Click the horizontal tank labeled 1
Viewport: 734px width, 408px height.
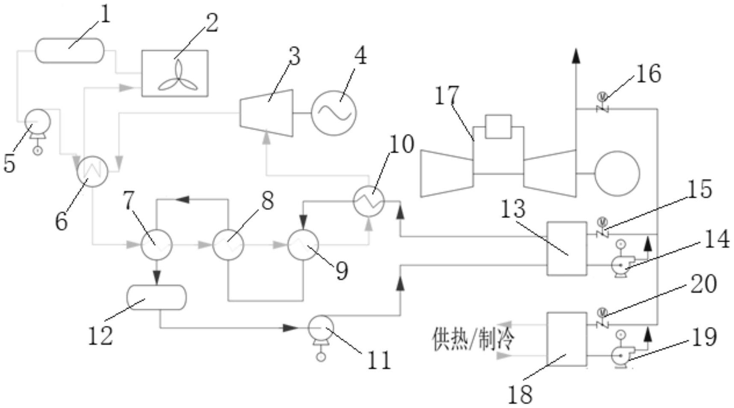(69, 51)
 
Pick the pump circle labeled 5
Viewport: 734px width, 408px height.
(38, 122)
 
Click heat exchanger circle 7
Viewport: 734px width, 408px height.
(157, 245)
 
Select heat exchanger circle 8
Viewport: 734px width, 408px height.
(228, 245)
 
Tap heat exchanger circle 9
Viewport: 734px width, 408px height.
(303, 245)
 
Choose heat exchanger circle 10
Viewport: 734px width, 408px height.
(369, 201)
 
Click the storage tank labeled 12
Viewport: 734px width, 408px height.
(157, 297)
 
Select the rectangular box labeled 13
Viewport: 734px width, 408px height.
(567, 249)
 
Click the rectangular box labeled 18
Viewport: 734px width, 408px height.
(567, 340)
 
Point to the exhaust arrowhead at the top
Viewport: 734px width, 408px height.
(576, 56)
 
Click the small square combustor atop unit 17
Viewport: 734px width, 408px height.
(498, 127)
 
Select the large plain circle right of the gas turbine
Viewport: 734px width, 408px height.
(617, 173)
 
